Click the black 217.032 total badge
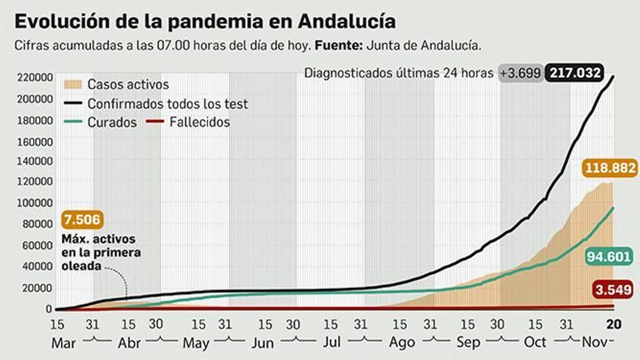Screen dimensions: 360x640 pos(575,73)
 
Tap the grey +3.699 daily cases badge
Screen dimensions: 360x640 pos(520,73)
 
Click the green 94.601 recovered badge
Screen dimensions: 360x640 pos(608,256)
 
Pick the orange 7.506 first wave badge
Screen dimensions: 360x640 pos(82,220)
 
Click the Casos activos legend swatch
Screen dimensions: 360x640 pos(73,84)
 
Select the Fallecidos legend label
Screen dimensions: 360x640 pos(200,122)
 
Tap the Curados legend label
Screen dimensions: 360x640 pos(112,122)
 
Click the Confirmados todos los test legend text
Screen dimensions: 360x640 pos(168,104)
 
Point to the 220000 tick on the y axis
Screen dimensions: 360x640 pos(35,77)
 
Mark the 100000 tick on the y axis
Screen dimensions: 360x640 pos(35,203)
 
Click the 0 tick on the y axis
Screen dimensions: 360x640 pos(49,309)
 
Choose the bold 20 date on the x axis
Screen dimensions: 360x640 pos(614,324)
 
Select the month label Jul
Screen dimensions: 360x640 pos(332,342)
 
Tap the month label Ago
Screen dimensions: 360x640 pos(402,343)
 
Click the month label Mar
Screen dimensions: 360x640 pos(63,343)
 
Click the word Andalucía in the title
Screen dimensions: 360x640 pos(347,21)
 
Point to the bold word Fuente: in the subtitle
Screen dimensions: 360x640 pos(338,45)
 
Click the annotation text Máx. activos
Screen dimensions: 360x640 pos(98,239)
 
